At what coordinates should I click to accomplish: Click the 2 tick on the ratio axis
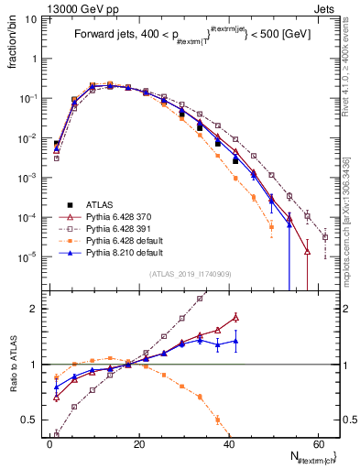tap(37, 309)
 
